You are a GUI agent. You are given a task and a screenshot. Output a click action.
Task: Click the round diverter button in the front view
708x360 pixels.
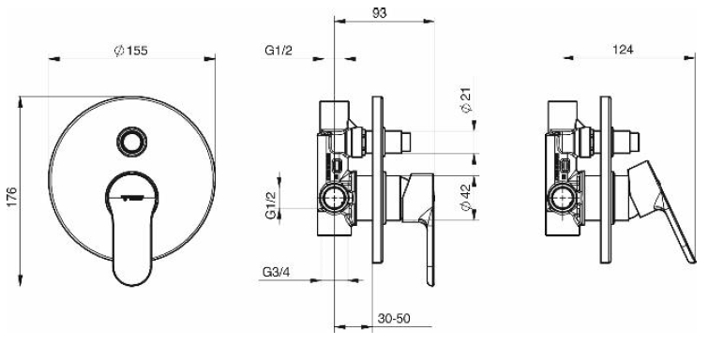128,142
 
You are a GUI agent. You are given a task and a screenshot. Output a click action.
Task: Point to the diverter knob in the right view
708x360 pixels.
633,142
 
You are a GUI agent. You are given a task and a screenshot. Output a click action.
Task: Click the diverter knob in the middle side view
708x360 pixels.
403,142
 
